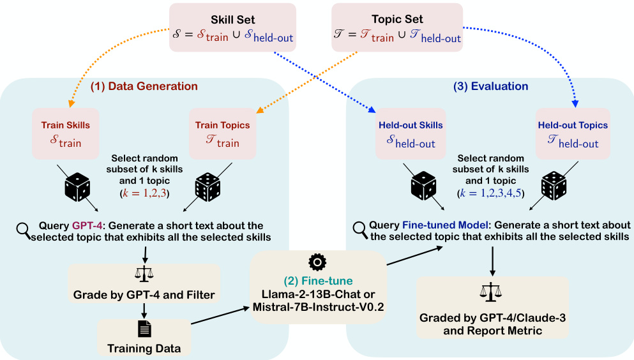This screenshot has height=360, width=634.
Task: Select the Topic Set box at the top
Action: coord(398,27)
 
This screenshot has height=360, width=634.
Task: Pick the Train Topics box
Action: coord(222,134)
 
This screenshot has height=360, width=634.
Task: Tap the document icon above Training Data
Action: coord(144,329)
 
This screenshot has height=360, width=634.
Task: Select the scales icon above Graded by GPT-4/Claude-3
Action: coord(491,290)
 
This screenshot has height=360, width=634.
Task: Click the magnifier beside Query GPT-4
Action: coord(23,228)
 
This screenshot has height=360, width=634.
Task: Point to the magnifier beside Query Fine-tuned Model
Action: coord(360,228)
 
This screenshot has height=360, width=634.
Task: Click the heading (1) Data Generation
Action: coord(144,86)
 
